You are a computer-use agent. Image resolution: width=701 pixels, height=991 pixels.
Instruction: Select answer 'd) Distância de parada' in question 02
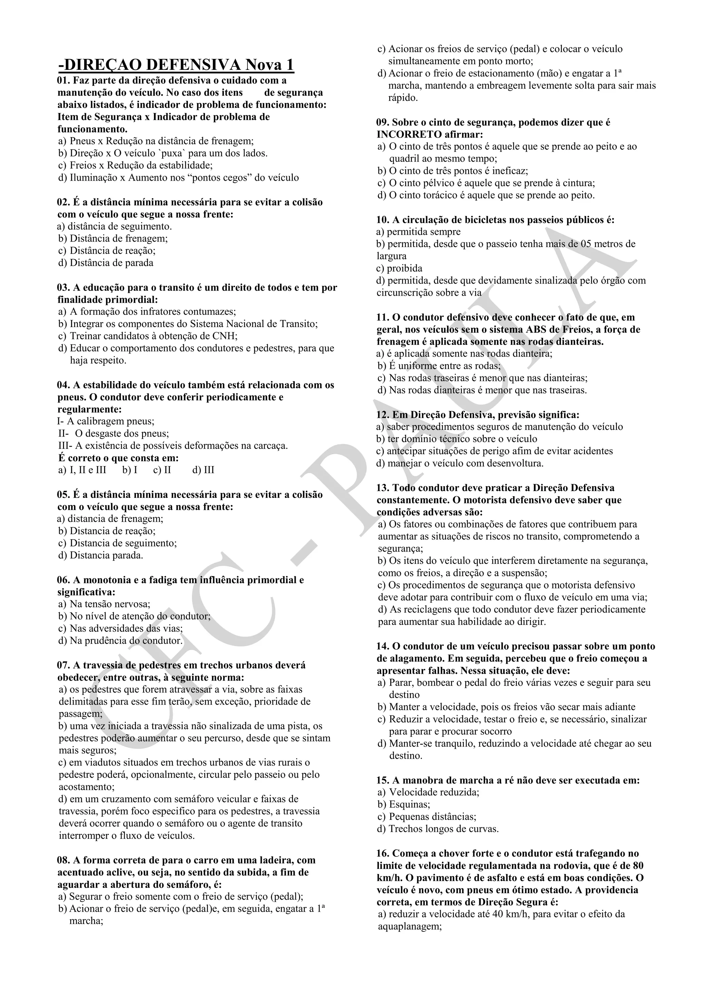coord(106,263)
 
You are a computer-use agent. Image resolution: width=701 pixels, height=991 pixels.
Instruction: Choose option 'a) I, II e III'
coord(82,470)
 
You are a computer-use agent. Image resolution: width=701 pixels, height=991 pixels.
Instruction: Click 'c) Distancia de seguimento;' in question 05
coord(117,543)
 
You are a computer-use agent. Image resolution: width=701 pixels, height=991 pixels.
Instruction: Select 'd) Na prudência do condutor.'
coord(120,641)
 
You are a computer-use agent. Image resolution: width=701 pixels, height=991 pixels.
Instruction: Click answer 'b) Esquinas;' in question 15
coord(404,805)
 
